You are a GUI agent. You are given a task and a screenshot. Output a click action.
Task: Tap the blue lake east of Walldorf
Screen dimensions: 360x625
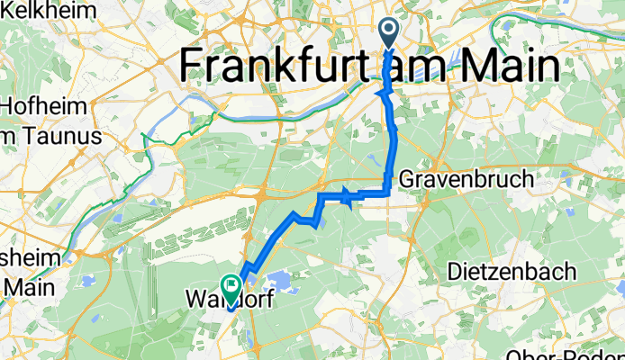pos(284,283)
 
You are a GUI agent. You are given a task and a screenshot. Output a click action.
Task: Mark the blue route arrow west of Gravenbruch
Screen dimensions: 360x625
pos(345,195)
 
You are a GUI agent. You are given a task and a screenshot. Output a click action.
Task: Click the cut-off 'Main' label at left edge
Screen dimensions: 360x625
pos(20,287)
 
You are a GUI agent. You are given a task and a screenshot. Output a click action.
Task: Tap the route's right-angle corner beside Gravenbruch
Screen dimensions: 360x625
pos(388,192)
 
